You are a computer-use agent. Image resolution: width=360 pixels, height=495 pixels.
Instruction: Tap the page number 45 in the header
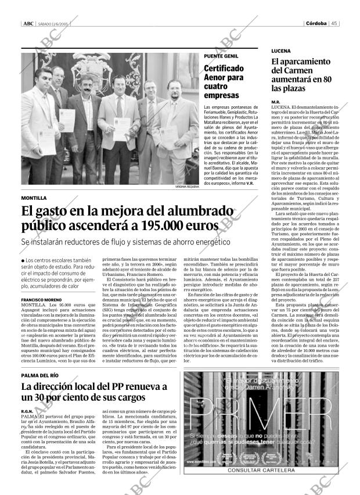coord(335,23)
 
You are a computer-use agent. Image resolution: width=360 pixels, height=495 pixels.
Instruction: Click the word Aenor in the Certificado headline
coord(217,77)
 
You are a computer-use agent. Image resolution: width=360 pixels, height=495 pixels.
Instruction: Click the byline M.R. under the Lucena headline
coord(276,102)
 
